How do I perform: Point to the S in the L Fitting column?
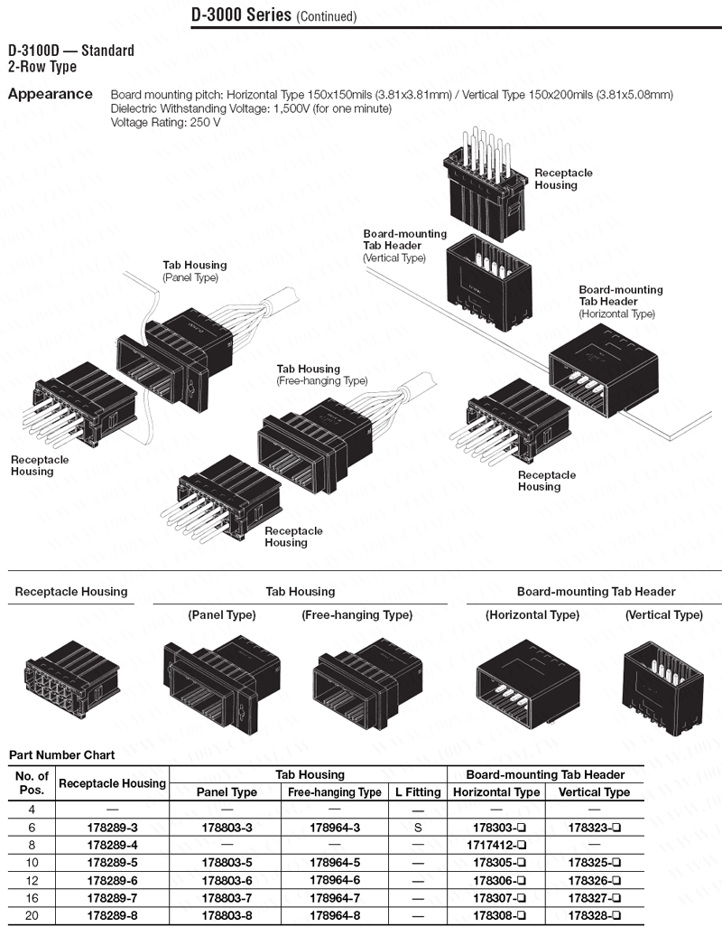[x=418, y=828]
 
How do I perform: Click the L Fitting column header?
[x=418, y=792]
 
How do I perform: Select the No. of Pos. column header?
[x=32, y=782]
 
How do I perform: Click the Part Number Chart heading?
[x=61, y=754]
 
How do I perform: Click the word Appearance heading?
[x=50, y=94]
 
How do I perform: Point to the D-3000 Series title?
[x=241, y=15]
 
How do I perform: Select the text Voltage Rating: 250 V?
[x=165, y=122]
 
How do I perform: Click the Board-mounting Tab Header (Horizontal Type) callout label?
[x=620, y=302]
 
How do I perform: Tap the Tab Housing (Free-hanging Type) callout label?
[x=321, y=375]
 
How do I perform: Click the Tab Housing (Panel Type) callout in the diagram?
[x=194, y=271]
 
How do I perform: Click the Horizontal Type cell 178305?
[x=495, y=862]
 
